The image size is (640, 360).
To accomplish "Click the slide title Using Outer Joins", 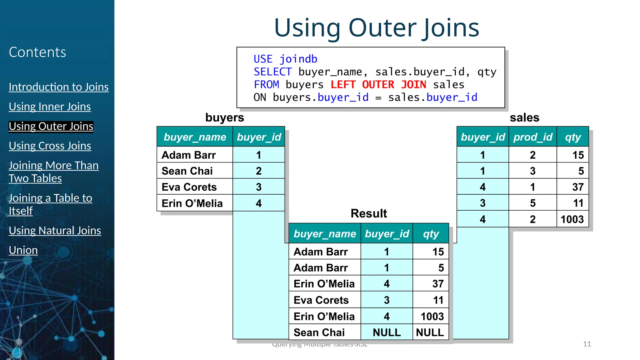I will (376, 28).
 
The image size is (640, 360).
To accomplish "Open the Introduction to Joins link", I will (58, 87).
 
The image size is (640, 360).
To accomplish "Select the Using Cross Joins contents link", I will (50, 146).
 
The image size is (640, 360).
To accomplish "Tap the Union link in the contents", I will (23, 250).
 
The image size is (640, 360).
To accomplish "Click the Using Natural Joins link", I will (55, 231).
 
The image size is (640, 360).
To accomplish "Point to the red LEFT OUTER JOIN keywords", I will (378, 85).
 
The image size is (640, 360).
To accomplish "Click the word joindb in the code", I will (298, 59).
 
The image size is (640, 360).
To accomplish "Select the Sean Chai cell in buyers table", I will (187, 171).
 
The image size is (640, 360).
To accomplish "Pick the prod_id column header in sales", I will (532, 137).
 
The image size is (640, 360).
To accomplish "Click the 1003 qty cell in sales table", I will (572, 219).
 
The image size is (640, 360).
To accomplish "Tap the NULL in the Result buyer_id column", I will (387, 332).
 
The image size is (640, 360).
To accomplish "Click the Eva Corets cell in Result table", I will (321, 300).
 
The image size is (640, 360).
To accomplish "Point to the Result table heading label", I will (368, 213).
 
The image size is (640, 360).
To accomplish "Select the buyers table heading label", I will (224, 117).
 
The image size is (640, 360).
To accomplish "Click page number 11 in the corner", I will (587, 344).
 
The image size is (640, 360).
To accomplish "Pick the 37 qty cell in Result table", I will (437, 284).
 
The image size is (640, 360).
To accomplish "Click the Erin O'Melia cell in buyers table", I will (192, 203).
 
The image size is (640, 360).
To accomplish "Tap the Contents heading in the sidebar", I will (37, 52).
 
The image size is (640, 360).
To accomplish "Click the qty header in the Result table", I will (431, 234).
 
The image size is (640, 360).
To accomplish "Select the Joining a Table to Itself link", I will (50, 204).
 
